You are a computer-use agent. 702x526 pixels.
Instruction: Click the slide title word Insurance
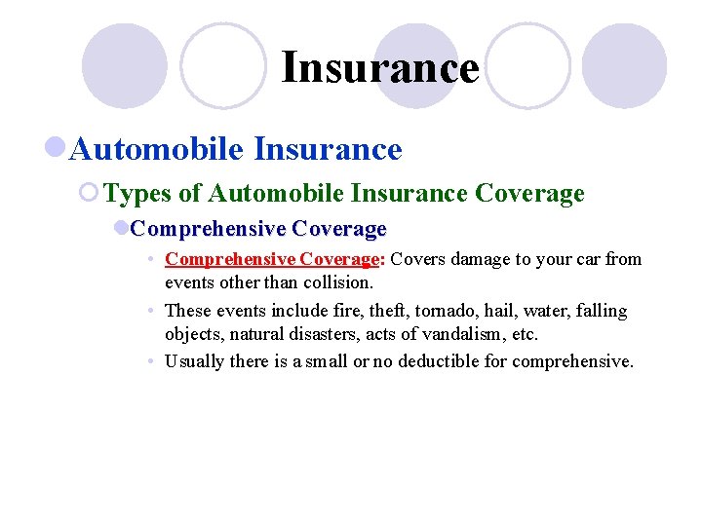pyautogui.click(x=380, y=68)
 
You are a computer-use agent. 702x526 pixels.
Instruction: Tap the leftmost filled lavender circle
pyautogui.click(x=124, y=66)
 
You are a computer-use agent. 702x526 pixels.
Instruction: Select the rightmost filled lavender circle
pyautogui.click(x=624, y=66)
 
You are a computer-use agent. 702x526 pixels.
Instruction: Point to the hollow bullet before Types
pyautogui.click(x=90, y=193)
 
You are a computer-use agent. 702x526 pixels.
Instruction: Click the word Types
pyautogui.click(x=138, y=193)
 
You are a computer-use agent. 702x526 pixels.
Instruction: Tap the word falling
pyautogui.click(x=602, y=311)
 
